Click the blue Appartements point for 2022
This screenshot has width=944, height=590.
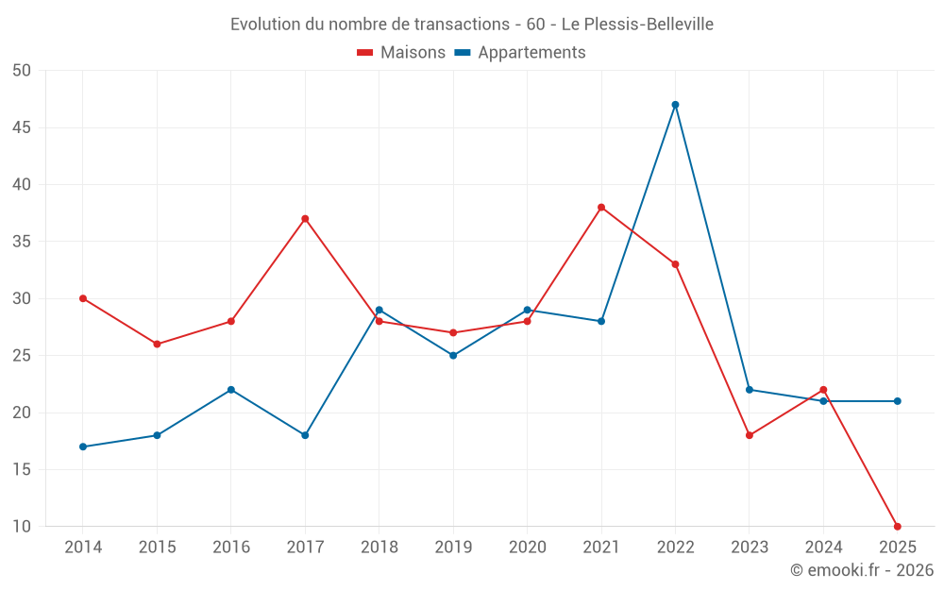pyautogui.click(x=675, y=105)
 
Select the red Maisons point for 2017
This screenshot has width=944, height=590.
pyautogui.click(x=305, y=219)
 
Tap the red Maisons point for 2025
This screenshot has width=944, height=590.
pyautogui.click(x=897, y=527)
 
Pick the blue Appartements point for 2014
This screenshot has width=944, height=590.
pyautogui.click(x=83, y=447)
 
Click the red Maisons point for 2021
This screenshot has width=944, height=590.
pyautogui.click(x=601, y=208)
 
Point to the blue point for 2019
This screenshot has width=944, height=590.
pyautogui.click(x=453, y=356)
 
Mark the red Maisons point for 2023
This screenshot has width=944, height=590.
pyautogui.click(x=750, y=435)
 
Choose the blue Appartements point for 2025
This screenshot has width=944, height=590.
pyautogui.click(x=897, y=401)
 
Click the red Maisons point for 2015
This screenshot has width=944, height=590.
pyautogui.click(x=157, y=345)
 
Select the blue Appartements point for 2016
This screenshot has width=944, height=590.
pyautogui.click(x=231, y=390)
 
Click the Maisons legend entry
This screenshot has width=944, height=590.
pyautogui.click(x=401, y=53)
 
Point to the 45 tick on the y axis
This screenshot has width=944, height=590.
pyautogui.click(x=22, y=127)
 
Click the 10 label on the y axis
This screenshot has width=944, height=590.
pyautogui.click(x=22, y=527)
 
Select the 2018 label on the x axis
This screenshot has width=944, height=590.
pyautogui.click(x=379, y=548)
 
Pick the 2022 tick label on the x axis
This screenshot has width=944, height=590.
pyautogui.click(x=675, y=548)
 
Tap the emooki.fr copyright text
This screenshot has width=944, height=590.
pyautogui.click(x=861, y=570)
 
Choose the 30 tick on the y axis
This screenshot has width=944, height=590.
pyautogui.click(x=22, y=298)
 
